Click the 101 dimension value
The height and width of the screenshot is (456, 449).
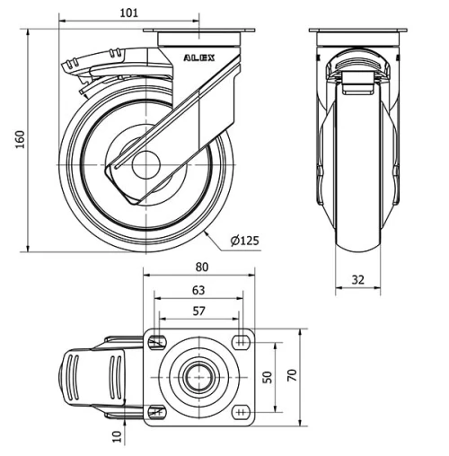point(128,13)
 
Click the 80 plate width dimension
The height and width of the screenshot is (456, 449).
point(200,267)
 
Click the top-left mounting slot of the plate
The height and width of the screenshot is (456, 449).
point(158,341)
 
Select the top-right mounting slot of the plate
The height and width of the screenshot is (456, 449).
point(242,341)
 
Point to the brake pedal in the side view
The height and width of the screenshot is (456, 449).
point(79,66)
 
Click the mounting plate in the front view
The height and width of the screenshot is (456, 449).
point(358,35)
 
